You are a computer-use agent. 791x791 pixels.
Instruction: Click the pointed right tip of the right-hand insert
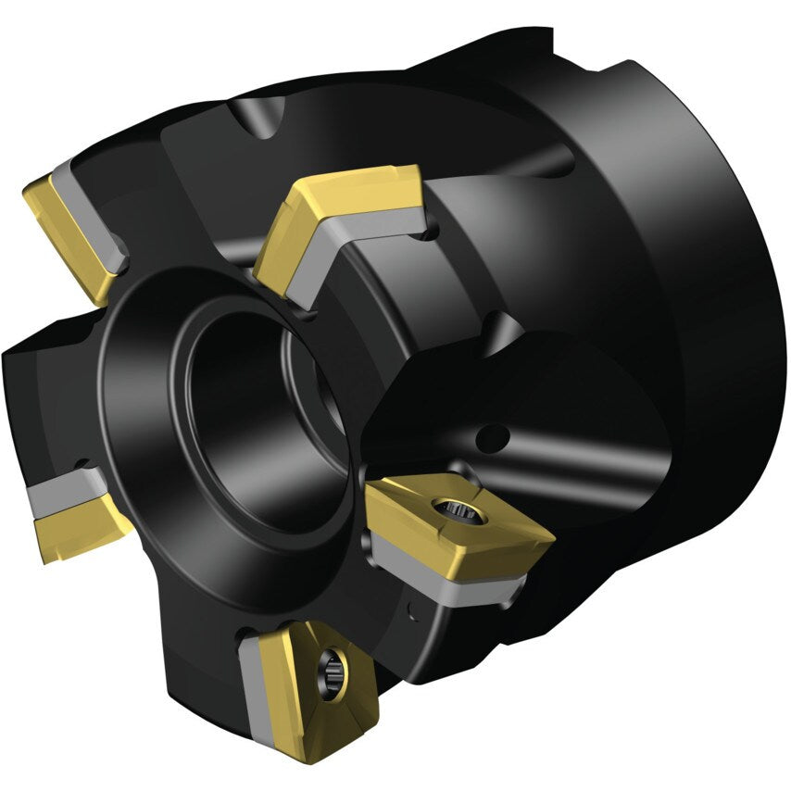[551, 535]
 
